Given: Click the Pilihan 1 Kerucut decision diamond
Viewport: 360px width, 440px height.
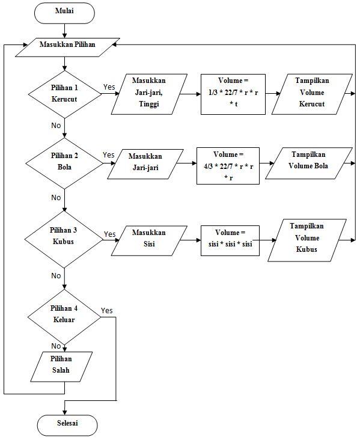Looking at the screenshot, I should point(64,93).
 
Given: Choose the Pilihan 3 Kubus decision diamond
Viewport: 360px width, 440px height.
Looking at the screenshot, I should point(64,236).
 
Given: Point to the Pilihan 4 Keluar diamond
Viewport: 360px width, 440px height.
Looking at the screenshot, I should point(64,314).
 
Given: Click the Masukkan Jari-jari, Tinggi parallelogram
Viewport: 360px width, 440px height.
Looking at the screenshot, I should point(148,93).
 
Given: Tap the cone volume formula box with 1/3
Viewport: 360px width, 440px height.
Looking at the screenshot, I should point(233,93).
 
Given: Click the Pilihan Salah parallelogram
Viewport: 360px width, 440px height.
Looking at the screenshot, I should point(64,364).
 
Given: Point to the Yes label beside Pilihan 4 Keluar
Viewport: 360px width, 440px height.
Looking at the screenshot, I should point(107,311).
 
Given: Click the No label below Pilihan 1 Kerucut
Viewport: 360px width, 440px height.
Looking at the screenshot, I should point(56,126).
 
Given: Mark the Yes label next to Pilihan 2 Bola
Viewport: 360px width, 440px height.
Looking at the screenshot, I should point(108,155).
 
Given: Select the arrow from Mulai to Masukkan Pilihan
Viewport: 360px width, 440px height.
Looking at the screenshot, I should point(64,31).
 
